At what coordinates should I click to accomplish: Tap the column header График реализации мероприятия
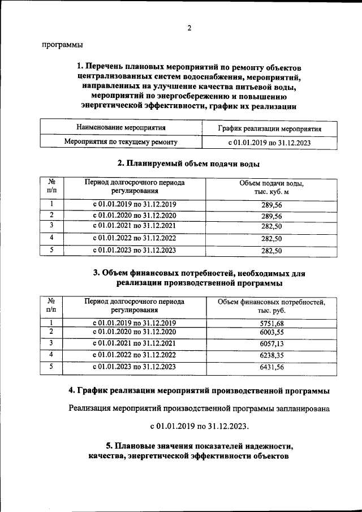pos(269,128)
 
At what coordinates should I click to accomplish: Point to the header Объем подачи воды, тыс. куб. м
pos(271,188)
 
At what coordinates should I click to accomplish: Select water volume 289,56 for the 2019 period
pos(271,205)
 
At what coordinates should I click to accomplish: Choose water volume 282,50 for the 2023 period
pos(271,250)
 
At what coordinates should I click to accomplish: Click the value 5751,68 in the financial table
pos(271,323)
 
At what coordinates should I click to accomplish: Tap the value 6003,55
pos(271,333)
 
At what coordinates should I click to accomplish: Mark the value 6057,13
pos(271,344)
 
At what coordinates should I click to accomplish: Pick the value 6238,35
pos(271,355)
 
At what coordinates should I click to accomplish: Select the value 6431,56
pos(271,367)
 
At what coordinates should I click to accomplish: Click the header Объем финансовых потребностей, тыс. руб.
pos(271,306)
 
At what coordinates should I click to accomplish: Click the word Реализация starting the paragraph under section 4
pos(93,407)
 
